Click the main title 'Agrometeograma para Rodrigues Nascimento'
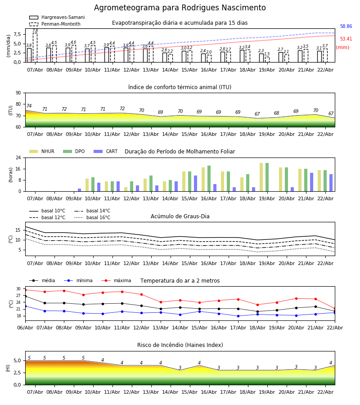[x=180, y=8]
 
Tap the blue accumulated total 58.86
[x=346, y=27]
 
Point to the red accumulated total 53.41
[x=346, y=39]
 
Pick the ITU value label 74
[x=29, y=106]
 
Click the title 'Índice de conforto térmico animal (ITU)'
[x=180, y=87]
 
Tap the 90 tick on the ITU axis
[x=18, y=93]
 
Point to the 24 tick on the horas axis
[x=18, y=158]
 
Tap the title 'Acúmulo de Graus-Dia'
[x=180, y=216]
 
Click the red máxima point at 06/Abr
[x=26, y=290]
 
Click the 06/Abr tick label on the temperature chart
[x=25, y=327]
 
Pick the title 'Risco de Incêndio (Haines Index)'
[x=180, y=345]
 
